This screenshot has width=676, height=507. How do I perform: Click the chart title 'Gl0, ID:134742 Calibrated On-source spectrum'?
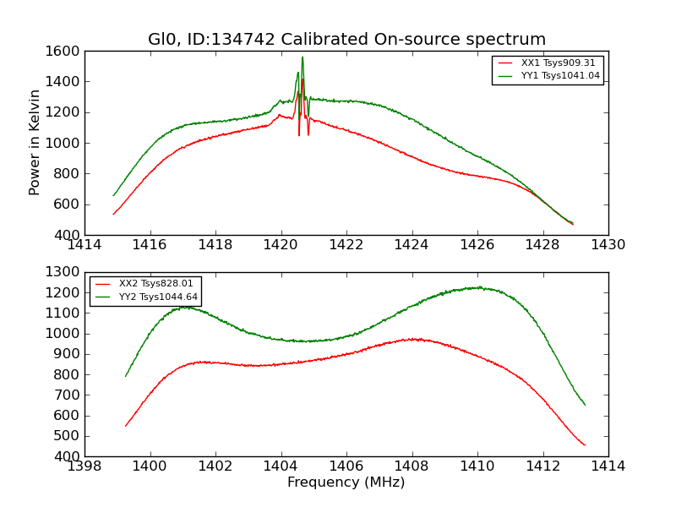[x=346, y=40]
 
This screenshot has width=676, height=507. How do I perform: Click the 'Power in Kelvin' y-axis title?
[x=35, y=142]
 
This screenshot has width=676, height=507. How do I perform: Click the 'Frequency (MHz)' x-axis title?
[x=346, y=482]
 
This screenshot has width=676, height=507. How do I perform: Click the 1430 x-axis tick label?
[x=608, y=244]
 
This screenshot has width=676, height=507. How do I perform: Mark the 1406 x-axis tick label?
[x=346, y=466]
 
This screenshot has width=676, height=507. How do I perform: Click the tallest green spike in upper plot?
[x=303, y=57]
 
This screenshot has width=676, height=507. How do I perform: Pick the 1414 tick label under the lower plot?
[x=608, y=466]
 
